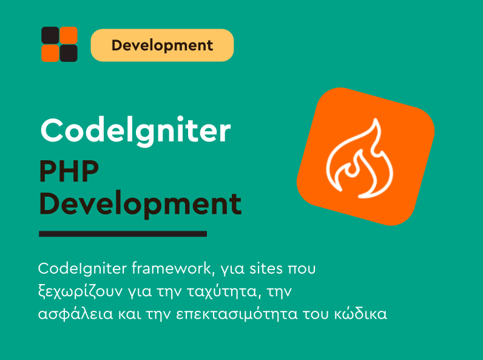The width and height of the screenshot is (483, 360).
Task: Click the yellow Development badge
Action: (162, 45)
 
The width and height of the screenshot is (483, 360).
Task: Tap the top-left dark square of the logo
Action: (50, 35)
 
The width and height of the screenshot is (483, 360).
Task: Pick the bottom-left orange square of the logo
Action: (50, 53)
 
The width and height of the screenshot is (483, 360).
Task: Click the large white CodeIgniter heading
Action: (135, 129)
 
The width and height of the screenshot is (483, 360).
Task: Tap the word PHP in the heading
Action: (69, 173)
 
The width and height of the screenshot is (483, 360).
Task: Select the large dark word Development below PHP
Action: (140, 204)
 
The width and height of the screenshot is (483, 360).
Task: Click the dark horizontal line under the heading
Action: (123, 234)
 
